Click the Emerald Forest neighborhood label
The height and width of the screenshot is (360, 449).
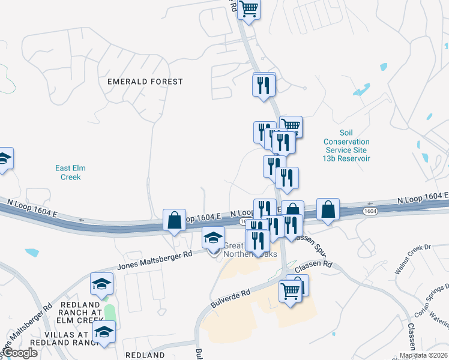pyautogui.click(x=145, y=81)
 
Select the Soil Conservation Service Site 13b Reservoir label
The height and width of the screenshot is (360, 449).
pyautogui.click(x=346, y=146)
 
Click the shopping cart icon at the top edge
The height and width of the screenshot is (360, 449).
pyautogui.click(x=249, y=10)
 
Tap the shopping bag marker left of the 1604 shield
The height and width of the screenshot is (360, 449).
pyautogui.click(x=328, y=209)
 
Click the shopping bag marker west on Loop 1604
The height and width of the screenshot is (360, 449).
pyautogui.click(x=174, y=220)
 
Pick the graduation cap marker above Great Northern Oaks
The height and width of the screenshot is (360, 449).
pyautogui.click(x=212, y=238)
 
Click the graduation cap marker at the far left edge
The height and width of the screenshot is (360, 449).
pyautogui.click(x=4, y=159)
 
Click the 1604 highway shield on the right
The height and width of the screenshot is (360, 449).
pyautogui.click(x=371, y=211)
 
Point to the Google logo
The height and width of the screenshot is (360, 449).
pyautogui.click(x=19, y=353)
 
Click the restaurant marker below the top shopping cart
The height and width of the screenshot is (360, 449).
pyautogui.click(x=264, y=86)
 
